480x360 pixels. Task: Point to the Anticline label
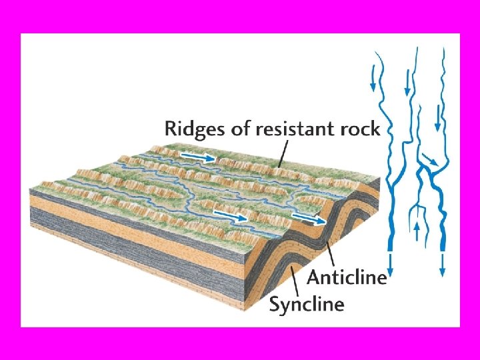pyautogui.click(x=347, y=277)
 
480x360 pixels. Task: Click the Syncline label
pyautogui.click(x=307, y=305)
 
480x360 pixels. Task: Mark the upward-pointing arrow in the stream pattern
pyautogui.click(x=417, y=231)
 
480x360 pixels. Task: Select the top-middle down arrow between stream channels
pyautogui.click(x=407, y=84)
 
